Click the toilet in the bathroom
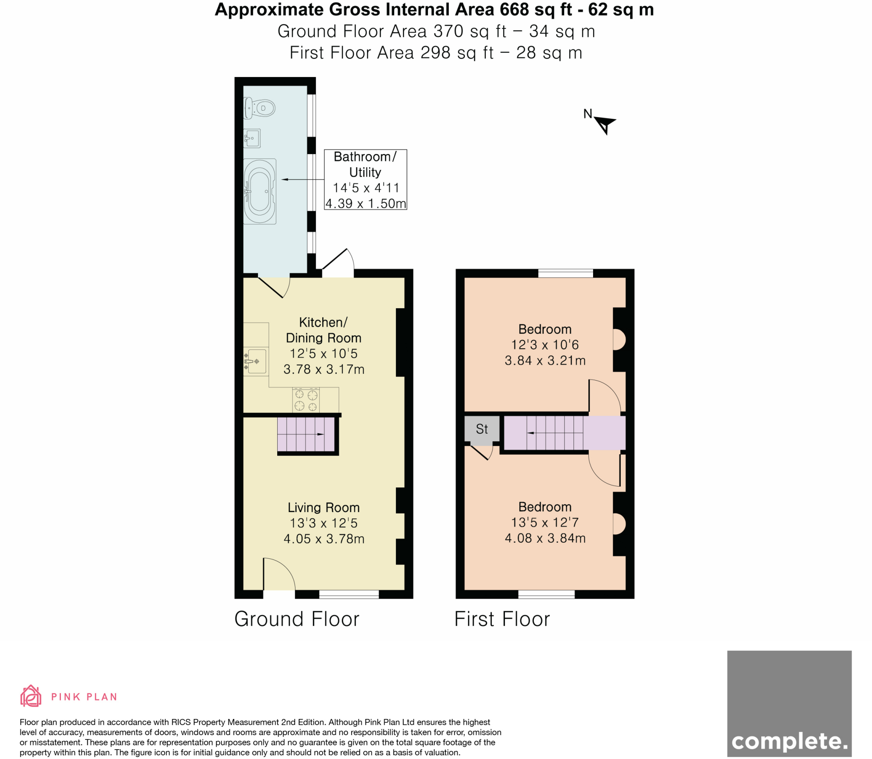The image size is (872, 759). tap(259, 108)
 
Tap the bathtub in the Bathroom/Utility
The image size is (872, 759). tap(259, 191)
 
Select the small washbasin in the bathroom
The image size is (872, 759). tap(252, 138)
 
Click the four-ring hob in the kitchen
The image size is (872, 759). tap(306, 400)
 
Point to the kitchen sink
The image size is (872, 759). tap(255, 361)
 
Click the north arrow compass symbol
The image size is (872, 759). tap(604, 124)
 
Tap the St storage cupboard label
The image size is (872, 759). tap(482, 429)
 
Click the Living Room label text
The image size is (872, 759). tap(324, 507)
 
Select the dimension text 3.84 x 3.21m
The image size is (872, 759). tap(545, 361)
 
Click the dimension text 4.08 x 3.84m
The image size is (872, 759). tap(545, 538)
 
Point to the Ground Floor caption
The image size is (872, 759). tap(297, 619)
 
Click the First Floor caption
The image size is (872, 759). tap(502, 619)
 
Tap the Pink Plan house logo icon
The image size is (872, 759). tap(31, 696)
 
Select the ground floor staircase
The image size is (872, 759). tap(306, 434)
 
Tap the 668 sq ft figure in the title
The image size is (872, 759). tap(536, 9)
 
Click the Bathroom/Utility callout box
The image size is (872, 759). tap(365, 179)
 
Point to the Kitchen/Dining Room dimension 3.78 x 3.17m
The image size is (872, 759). tap(324, 369)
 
